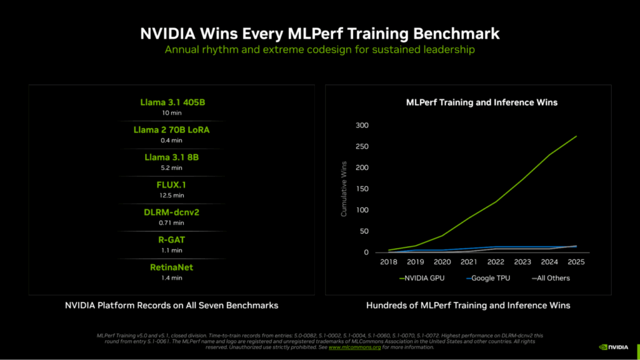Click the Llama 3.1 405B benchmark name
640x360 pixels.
171,102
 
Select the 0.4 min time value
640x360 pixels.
171,140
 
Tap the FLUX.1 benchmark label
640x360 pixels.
171,185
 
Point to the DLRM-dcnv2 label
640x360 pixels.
171,212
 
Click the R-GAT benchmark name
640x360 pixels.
171,240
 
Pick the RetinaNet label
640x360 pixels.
171,267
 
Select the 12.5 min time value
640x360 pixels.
171,195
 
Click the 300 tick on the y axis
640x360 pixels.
363,126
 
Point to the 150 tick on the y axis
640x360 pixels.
363,189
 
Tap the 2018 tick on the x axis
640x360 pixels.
388,262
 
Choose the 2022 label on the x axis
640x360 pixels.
496,262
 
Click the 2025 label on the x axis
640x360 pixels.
576,262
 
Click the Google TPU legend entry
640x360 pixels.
487,278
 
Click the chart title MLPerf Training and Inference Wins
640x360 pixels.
481,102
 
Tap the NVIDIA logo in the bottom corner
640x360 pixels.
615,346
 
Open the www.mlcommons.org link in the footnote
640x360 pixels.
355,347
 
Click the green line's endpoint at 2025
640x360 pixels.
576,136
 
